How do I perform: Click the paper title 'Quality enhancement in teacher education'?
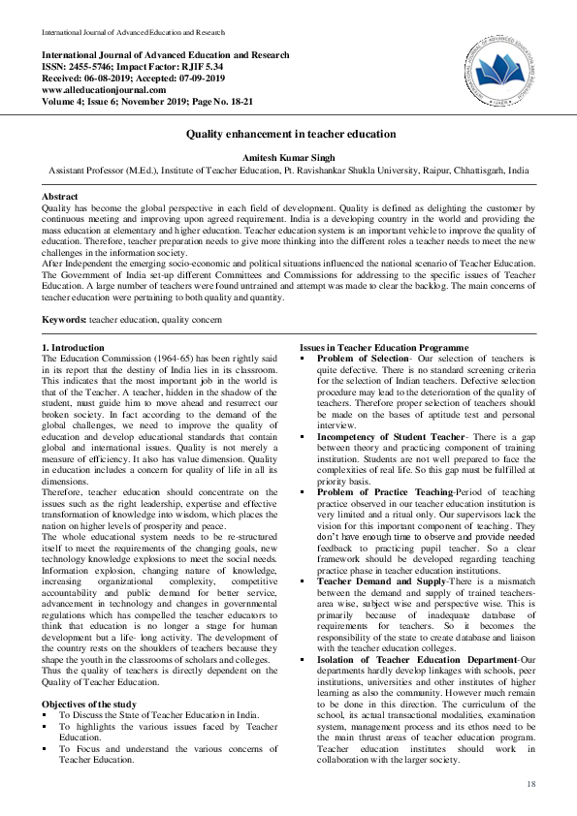288,136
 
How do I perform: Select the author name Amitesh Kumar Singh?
288,155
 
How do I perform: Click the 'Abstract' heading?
59,196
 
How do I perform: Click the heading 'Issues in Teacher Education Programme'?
385,347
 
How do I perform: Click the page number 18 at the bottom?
530,783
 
